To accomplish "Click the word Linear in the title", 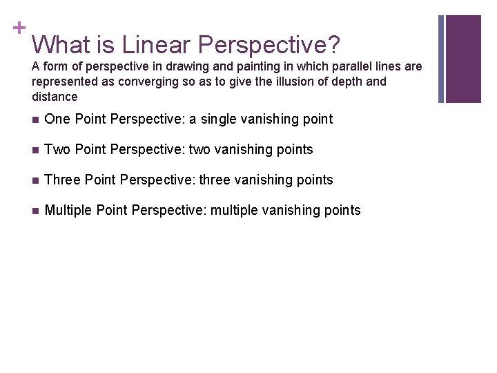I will (155, 45).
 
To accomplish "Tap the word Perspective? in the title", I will (269, 46).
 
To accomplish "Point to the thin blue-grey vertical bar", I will (442, 59).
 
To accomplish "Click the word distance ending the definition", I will (55, 97).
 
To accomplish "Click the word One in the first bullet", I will (57, 119).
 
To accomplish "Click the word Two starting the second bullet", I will (57, 150).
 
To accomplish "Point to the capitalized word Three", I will (61, 180).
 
